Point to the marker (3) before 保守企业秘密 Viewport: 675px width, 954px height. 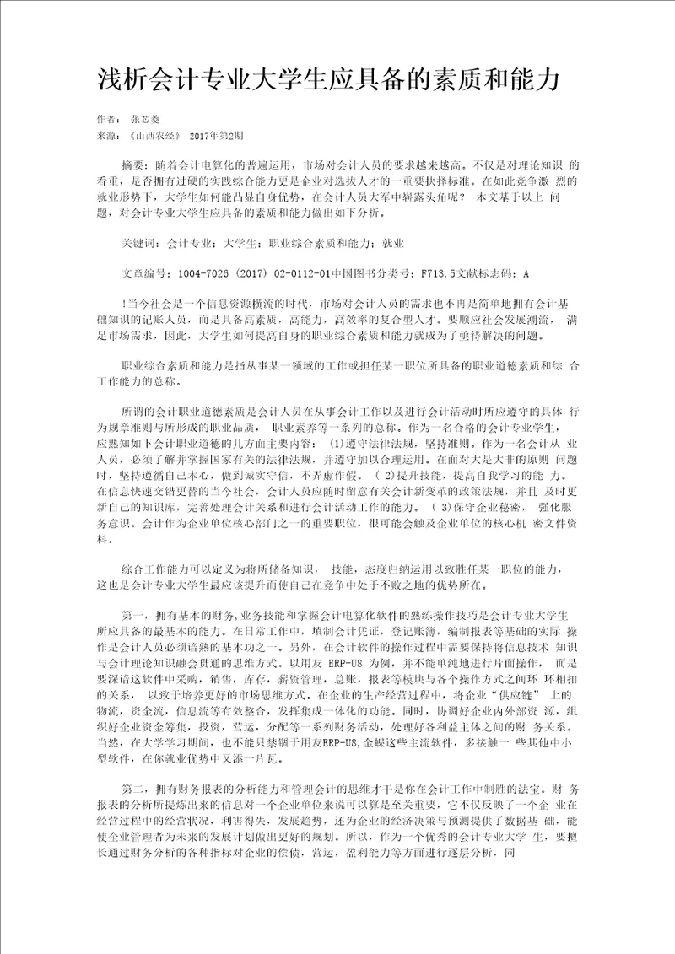click(x=433, y=507)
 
